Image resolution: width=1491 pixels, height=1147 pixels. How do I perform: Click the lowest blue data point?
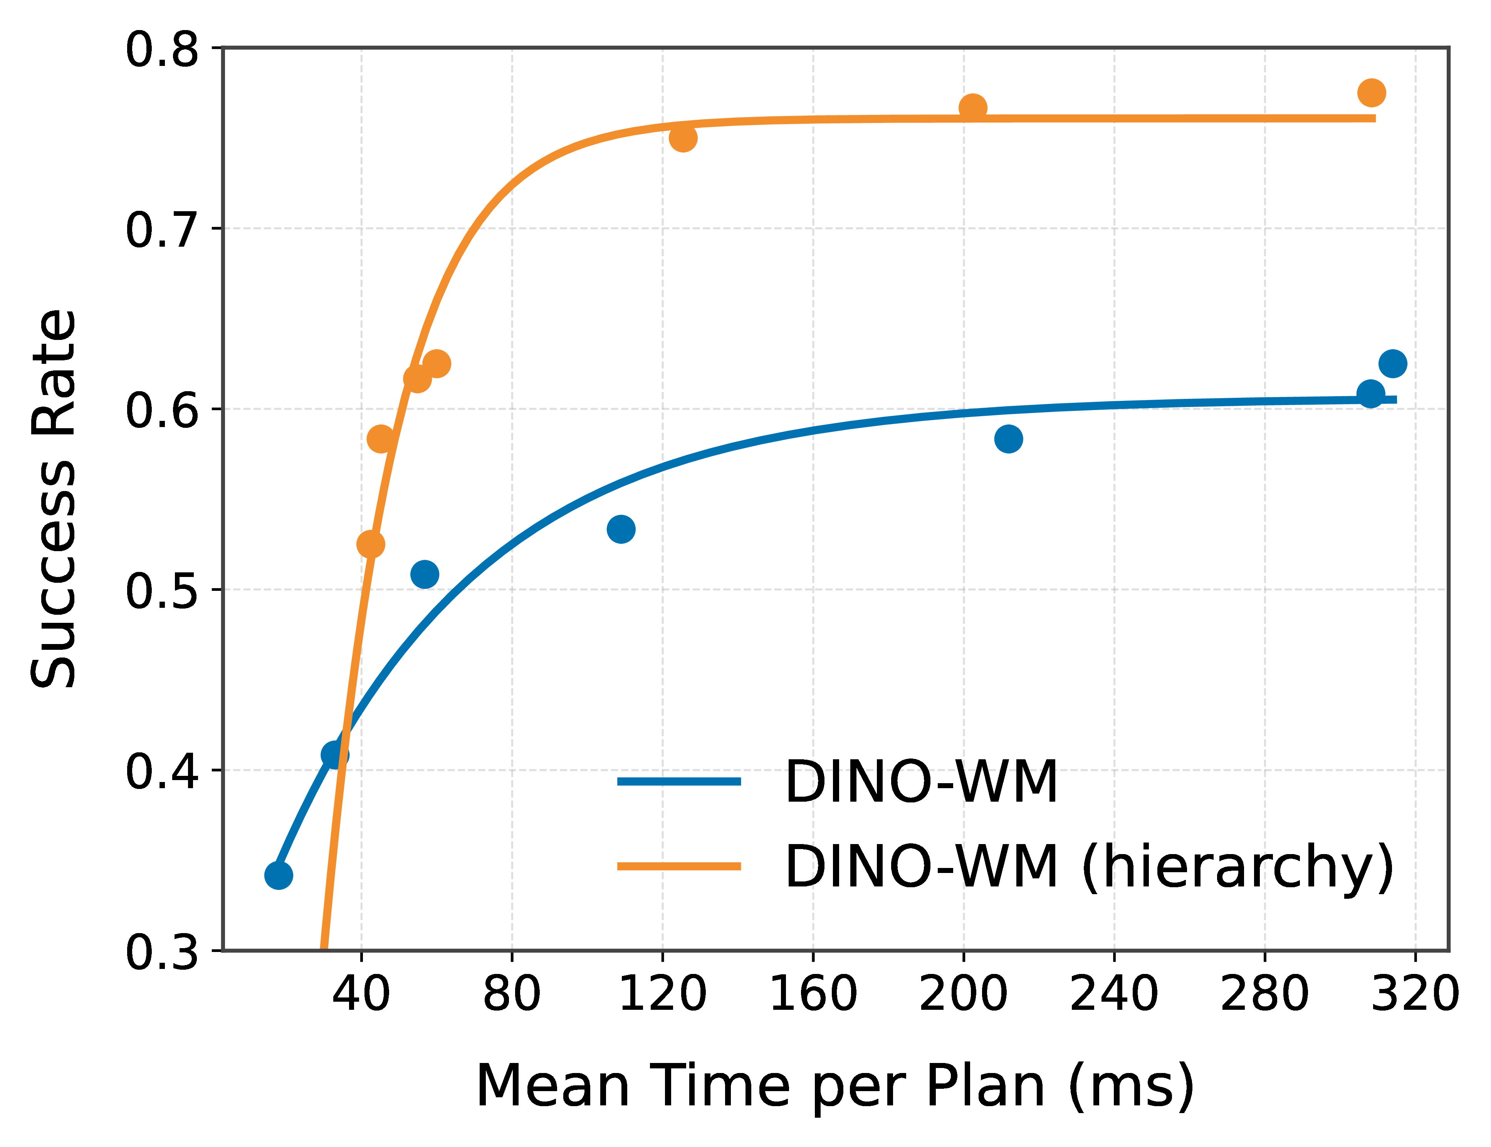tap(279, 875)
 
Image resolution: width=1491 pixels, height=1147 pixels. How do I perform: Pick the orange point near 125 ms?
tap(682, 138)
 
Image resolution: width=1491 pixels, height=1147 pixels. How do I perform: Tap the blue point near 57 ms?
tap(425, 574)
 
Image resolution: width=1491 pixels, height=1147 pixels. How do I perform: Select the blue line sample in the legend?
tap(679, 782)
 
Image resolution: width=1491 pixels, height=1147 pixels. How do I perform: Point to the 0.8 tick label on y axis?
tap(162, 49)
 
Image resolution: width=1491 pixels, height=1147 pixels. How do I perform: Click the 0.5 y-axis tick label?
tap(162, 590)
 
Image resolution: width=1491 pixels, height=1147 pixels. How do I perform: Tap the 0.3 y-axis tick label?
tap(162, 952)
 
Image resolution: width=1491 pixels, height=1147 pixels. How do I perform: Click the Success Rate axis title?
tap(53, 498)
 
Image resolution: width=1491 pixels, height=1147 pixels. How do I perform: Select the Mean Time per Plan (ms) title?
tap(834, 1086)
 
